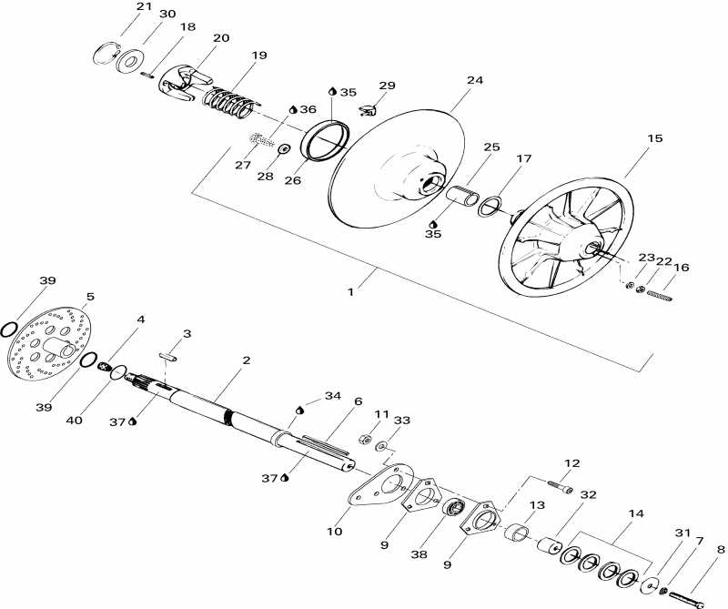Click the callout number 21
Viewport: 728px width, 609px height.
pyautogui.click(x=144, y=6)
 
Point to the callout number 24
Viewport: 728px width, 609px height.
pyautogui.click(x=474, y=80)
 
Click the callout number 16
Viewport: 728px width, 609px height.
pyautogui.click(x=682, y=268)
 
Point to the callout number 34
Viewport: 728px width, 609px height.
pyautogui.click(x=332, y=396)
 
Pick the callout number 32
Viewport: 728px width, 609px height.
pyautogui.click(x=588, y=494)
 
